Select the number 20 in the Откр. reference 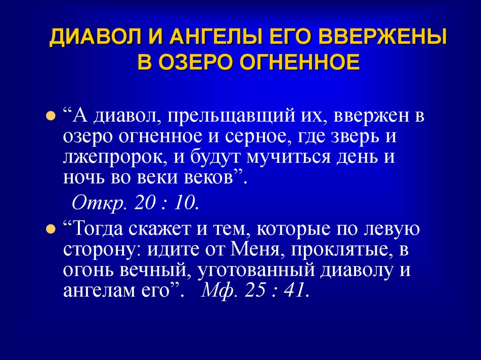coord(144,203)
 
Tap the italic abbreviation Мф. coord(214,291)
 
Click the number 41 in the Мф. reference coord(296,291)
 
